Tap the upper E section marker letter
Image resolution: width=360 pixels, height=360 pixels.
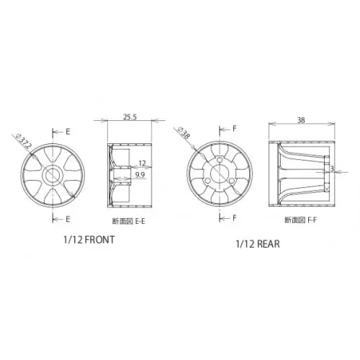click(x=68, y=132)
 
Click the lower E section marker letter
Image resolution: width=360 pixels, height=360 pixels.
click(x=68, y=217)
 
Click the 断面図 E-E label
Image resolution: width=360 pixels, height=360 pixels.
click(x=129, y=222)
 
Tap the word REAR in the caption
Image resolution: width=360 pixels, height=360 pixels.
click(x=266, y=244)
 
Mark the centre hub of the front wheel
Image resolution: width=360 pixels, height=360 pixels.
click(x=54, y=174)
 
